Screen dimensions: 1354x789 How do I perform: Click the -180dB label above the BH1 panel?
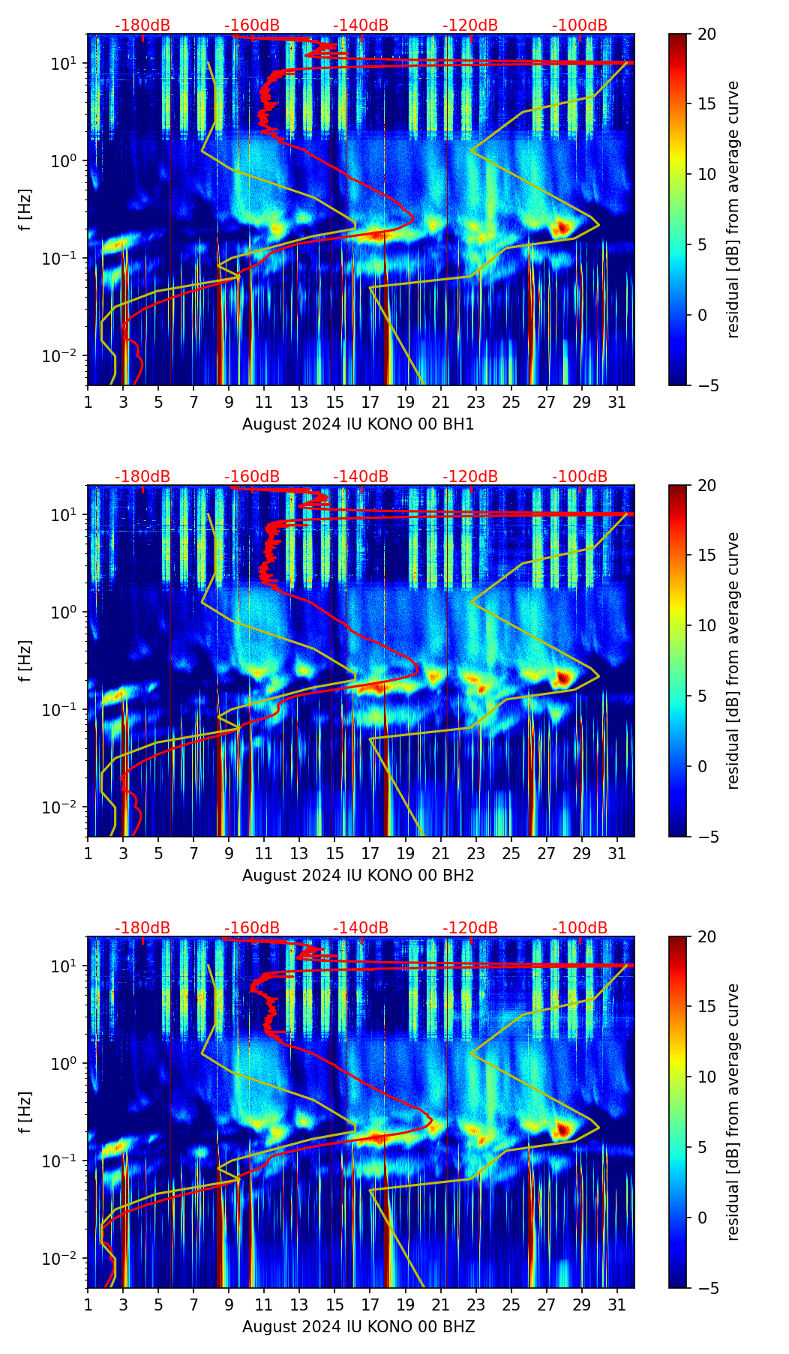(x=142, y=25)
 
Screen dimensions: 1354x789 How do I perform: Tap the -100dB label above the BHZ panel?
(x=580, y=928)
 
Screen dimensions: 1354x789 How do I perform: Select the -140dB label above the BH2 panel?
(x=361, y=477)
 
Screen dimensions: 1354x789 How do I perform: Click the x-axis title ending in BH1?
(x=358, y=424)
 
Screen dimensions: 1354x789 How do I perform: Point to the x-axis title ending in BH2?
(x=358, y=876)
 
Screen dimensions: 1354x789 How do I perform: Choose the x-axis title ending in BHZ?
(x=358, y=1327)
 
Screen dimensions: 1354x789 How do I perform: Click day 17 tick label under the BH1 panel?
(x=370, y=403)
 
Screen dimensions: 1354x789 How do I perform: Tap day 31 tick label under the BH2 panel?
(x=617, y=854)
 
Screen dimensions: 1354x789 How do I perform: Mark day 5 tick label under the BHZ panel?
(x=159, y=1305)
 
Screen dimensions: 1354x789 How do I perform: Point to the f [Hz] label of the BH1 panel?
(x=25, y=209)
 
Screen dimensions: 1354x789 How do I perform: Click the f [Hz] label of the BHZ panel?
(x=25, y=1112)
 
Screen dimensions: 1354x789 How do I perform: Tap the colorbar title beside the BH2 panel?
(x=733, y=661)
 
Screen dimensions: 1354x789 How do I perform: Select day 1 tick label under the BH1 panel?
(x=88, y=403)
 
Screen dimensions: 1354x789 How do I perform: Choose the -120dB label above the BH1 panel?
(x=470, y=25)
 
